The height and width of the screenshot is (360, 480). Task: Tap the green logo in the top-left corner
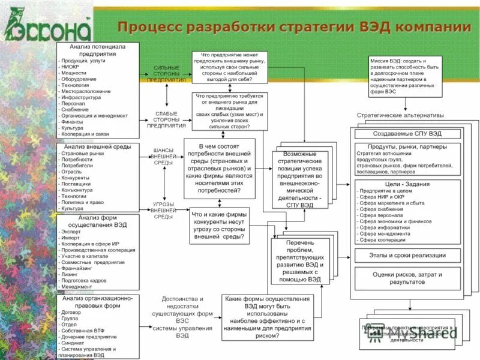tap(48, 28)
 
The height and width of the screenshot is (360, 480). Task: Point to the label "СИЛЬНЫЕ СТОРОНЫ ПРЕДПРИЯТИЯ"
tap(166, 74)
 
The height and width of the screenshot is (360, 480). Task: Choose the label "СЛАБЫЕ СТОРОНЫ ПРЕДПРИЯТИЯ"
tap(166, 119)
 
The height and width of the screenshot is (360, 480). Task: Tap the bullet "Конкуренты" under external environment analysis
tap(75, 178)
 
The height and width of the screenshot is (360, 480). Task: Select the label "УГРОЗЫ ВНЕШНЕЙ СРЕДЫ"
tap(163, 210)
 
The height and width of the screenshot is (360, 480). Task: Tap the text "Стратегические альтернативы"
tap(400, 115)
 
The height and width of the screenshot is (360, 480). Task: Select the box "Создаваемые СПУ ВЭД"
tap(407, 133)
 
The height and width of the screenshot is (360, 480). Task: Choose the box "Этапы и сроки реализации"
tap(407, 255)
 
